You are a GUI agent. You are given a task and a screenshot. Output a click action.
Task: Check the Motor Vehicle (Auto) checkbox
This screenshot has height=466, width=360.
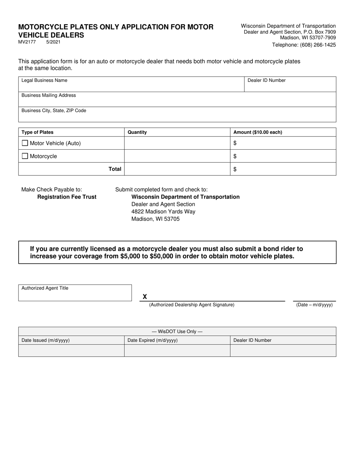point(25,143)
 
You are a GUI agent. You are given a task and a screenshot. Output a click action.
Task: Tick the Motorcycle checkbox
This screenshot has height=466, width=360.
point(25,156)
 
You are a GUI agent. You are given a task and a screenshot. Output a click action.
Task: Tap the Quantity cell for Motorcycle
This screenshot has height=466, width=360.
point(177,156)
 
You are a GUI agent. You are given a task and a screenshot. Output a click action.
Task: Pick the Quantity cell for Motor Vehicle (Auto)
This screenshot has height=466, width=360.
point(177,143)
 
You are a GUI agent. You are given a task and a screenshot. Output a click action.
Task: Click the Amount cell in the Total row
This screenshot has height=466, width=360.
point(283,169)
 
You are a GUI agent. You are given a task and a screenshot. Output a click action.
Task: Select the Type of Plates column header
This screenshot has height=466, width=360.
point(38,132)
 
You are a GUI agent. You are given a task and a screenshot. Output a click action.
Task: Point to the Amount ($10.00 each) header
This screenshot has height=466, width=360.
point(258,132)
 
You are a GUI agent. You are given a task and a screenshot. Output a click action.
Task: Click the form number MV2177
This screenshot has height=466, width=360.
point(27,42)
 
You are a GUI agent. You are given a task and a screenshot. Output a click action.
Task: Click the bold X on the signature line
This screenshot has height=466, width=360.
point(145,297)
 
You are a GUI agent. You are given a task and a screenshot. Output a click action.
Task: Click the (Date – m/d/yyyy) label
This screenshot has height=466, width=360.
point(315,305)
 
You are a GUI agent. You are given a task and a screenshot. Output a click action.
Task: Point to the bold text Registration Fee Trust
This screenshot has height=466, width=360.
point(67,197)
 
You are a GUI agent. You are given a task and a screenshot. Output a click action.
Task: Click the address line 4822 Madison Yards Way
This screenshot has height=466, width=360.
point(163,211)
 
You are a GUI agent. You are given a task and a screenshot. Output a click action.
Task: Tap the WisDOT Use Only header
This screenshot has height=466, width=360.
point(177,332)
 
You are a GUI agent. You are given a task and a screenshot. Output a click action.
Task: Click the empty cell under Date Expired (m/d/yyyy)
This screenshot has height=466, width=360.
point(177,350)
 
